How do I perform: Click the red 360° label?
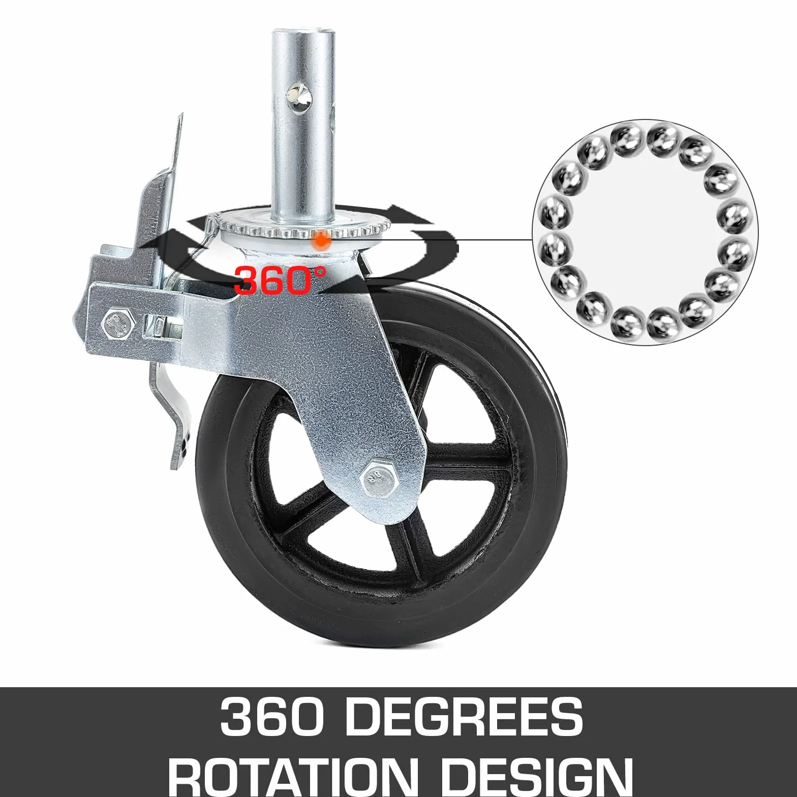280,280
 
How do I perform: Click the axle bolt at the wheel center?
380,478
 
